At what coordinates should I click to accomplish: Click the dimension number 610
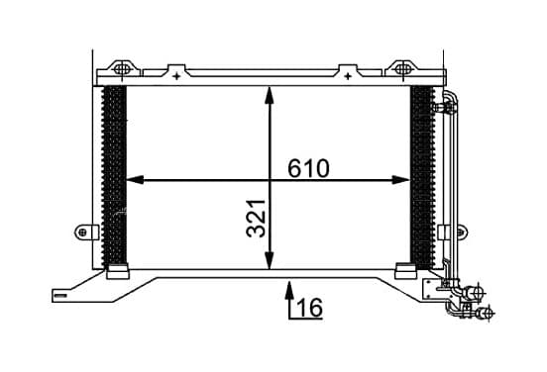(308, 168)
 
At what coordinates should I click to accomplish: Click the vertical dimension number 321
(256, 219)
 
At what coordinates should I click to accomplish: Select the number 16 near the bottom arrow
(310, 308)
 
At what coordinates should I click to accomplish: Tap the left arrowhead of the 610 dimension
(135, 180)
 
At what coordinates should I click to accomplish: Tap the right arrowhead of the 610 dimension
(400, 180)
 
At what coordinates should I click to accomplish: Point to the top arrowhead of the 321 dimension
(269, 95)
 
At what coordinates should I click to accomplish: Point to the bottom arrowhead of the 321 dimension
(269, 260)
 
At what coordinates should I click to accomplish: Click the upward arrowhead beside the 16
(289, 291)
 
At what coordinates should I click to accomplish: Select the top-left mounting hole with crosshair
(122, 69)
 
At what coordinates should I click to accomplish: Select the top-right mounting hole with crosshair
(403, 68)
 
